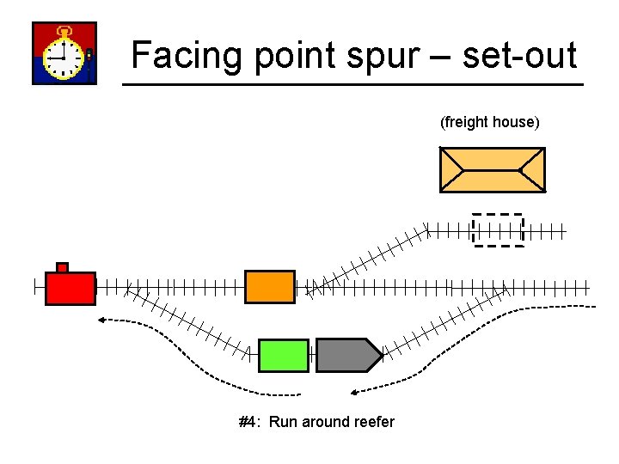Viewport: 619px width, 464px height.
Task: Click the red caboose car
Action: click(x=70, y=288)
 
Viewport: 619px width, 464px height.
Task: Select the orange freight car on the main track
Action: click(x=269, y=287)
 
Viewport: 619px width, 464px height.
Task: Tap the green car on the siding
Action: click(x=283, y=355)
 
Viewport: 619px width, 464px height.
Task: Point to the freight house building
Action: click(x=492, y=169)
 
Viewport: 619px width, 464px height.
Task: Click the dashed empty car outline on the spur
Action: click(x=498, y=229)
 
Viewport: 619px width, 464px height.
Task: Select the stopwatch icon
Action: click(x=64, y=54)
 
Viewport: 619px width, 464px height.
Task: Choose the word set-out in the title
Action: click(x=519, y=56)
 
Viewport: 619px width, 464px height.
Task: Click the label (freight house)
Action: click(x=489, y=122)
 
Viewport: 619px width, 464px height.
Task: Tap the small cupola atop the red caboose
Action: click(x=62, y=267)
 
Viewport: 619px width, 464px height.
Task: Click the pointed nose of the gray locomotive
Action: click(x=377, y=355)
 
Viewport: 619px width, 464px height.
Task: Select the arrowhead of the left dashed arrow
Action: click(x=101, y=321)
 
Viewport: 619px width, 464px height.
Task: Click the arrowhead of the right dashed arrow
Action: click(x=353, y=393)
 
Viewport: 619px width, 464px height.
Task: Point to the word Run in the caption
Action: click(x=283, y=422)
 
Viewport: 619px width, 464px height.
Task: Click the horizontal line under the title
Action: click(x=352, y=84)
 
